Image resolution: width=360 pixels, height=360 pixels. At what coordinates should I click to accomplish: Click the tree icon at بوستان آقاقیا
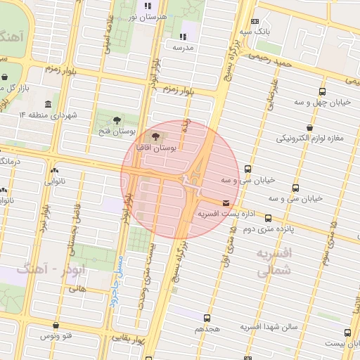[x=155, y=136]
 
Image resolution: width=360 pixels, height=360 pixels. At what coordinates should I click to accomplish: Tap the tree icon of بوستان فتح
[x=116, y=117]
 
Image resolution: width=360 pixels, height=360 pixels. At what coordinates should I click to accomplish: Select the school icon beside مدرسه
[x=183, y=36]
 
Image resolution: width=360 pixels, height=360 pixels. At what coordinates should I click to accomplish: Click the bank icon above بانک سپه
[x=254, y=21]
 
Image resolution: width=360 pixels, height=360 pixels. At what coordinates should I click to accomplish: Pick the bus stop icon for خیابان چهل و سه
[x=322, y=91]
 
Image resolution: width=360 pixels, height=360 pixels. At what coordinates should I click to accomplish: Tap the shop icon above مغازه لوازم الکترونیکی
[x=309, y=127]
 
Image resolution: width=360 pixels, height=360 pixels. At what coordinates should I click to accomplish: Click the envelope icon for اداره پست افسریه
[x=225, y=202]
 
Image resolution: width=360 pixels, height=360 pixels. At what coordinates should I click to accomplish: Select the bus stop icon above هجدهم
[x=207, y=319]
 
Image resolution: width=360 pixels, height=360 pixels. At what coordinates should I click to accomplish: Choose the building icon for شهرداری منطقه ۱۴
[x=47, y=104]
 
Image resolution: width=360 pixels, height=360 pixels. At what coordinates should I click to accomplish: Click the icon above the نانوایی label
[x=54, y=169]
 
